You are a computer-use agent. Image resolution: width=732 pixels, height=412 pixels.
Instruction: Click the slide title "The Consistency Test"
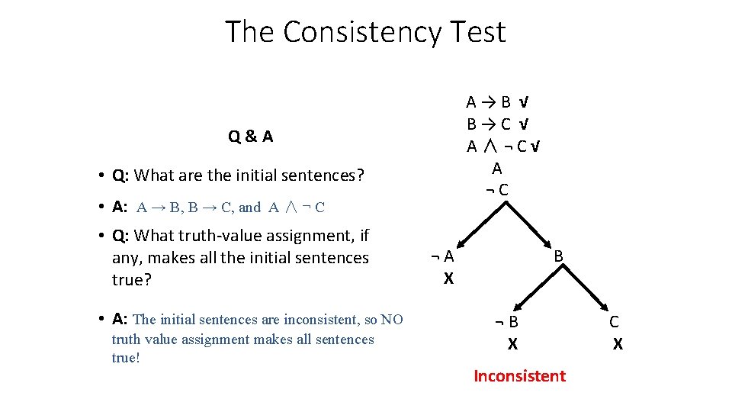365,32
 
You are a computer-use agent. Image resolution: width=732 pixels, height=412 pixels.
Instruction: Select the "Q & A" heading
250,137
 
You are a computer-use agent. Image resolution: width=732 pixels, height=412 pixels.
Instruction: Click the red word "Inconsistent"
519,375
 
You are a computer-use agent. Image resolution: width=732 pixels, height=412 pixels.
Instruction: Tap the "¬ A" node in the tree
441,257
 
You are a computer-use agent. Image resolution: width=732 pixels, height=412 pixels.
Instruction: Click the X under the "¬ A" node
448,279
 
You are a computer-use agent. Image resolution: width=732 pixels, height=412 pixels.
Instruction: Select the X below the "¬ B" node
512,345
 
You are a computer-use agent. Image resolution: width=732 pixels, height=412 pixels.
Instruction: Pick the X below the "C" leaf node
618,345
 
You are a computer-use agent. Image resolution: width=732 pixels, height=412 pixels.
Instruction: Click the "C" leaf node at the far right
614,322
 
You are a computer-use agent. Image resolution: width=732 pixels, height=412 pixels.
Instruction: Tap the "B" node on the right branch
558,257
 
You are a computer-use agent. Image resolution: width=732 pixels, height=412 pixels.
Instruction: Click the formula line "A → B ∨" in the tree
499,102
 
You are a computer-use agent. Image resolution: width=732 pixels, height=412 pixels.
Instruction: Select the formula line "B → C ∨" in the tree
499,124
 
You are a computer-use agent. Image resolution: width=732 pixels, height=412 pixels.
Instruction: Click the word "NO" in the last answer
392,320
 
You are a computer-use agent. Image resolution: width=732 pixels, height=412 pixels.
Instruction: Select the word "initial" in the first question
261,175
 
